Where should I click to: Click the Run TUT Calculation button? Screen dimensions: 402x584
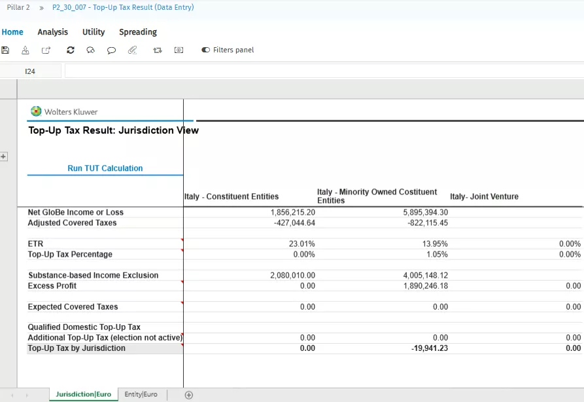[105, 168]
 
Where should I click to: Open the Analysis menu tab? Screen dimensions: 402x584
[52, 32]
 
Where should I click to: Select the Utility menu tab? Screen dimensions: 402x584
[94, 32]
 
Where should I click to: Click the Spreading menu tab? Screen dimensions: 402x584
[138, 32]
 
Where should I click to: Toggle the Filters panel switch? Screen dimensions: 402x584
[206, 50]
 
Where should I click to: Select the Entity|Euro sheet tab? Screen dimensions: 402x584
[141, 395]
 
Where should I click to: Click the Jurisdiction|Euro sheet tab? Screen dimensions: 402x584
[83, 395]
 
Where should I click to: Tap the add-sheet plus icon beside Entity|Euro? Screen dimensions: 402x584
[189, 395]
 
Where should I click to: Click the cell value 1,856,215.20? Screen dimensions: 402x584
[292, 213]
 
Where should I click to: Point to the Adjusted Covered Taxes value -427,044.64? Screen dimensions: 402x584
[292, 223]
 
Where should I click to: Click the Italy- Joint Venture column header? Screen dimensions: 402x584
[484, 196]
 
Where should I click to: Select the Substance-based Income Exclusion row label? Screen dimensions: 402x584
[93, 276]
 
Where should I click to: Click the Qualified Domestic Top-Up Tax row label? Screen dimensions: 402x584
[84, 327]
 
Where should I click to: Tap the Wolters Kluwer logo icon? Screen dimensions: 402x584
[37, 111]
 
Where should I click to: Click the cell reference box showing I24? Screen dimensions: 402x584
[30, 71]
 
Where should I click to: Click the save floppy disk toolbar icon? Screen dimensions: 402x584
[6, 50]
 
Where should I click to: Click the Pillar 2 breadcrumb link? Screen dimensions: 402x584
[18, 7]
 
